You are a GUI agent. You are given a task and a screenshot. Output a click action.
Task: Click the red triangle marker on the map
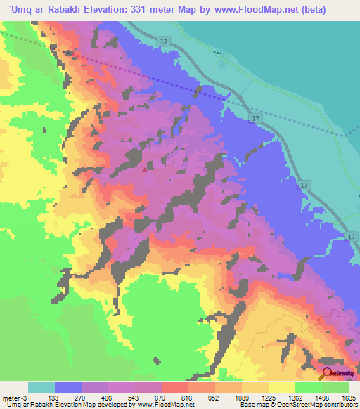tap(146, 169)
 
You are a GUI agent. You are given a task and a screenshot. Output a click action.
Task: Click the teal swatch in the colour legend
tap(41, 387)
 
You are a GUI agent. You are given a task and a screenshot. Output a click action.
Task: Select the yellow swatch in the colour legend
tap(282, 387)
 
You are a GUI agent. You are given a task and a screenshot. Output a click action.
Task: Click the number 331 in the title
tap(161, 10)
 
